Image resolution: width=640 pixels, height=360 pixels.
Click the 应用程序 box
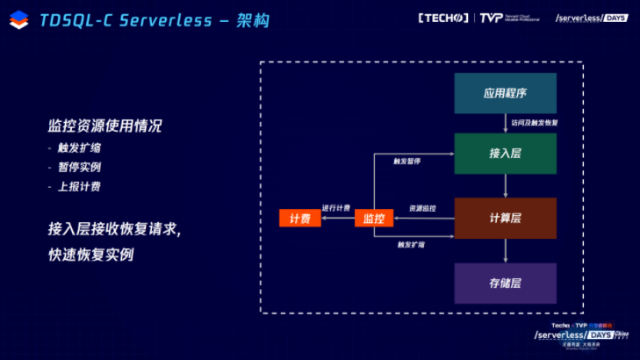point(505,93)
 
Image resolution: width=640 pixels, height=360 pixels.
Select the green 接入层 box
point(505,153)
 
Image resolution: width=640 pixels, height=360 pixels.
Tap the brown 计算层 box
point(505,218)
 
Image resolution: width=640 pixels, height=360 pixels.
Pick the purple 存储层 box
point(505,283)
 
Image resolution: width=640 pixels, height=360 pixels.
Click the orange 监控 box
point(374,218)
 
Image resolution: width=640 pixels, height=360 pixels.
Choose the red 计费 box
point(299,218)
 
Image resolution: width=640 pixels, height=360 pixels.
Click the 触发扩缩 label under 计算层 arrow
point(411,244)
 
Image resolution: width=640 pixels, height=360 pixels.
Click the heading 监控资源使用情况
point(105,126)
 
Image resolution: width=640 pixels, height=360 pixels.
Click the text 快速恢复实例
point(90,255)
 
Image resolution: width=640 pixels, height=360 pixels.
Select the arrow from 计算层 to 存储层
point(506,251)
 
